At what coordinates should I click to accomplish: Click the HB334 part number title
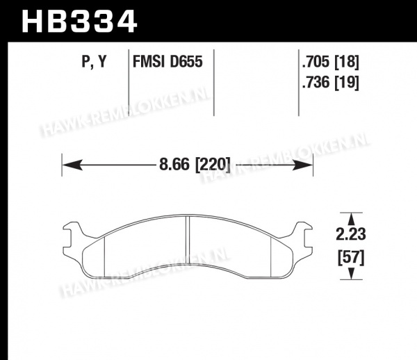click(79, 22)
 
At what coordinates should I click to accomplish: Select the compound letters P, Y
click(94, 62)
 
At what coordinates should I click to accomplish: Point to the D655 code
click(186, 62)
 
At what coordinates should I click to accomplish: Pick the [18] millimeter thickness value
click(347, 63)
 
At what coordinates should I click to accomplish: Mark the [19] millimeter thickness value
click(347, 83)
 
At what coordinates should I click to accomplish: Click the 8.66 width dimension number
click(174, 164)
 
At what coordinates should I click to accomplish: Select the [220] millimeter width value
click(213, 165)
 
